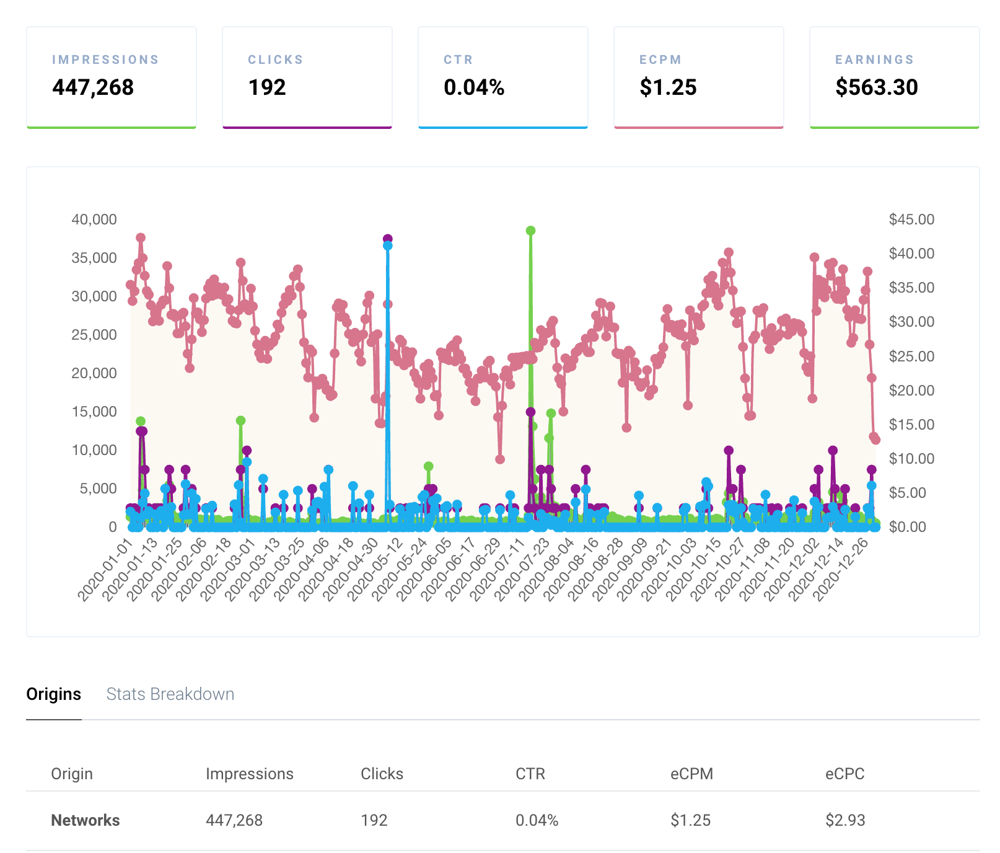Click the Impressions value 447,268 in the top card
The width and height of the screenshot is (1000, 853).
(x=93, y=87)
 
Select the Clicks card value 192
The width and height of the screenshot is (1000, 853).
(x=267, y=87)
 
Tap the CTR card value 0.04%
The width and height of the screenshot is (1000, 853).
(x=474, y=87)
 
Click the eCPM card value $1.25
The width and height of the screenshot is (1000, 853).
(x=668, y=87)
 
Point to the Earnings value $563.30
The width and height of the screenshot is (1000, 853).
(x=876, y=87)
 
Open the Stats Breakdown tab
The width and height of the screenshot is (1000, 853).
(x=170, y=694)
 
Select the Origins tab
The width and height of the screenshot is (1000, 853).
(x=53, y=694)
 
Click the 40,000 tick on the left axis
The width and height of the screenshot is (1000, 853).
(x=94, y=219)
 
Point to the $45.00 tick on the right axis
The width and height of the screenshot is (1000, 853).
(x=911, y=219)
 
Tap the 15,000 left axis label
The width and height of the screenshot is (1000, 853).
(x=94, y=412)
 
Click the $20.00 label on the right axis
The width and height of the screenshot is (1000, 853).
(x=911, y=391)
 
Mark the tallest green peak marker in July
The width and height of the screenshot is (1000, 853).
(x=530, y=231)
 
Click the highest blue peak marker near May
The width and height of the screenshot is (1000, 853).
(x=388, y=245)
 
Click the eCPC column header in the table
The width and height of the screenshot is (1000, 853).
(x=844, y=774)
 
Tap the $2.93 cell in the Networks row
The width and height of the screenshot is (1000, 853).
(x=845, y=820)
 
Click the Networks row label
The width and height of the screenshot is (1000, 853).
(x=86, y=820)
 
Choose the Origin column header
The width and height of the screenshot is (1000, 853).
(x=72, y=774)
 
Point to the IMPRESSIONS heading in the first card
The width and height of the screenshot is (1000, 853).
(x=105, y=60)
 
